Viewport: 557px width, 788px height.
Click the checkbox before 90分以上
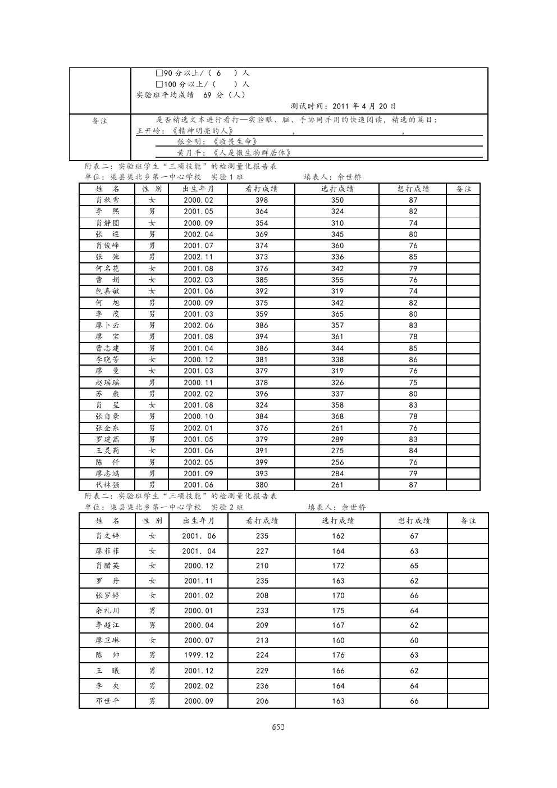[x=159, y=73]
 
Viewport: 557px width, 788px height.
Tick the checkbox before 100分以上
[x=159, y=84]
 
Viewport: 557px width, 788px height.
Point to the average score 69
[x=207, y=95]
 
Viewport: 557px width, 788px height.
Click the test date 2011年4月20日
[x=364, y=106]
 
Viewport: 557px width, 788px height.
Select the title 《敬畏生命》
[x=235, y=142]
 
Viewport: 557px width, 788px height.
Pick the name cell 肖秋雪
[x=107, y=200]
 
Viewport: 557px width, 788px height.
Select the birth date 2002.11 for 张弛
[x=198, y=257]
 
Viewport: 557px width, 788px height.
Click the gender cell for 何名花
[x=152, y=268]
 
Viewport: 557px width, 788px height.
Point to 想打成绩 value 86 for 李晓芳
[x=413, y=359]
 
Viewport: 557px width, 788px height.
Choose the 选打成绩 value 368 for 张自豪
[x=337, y=416]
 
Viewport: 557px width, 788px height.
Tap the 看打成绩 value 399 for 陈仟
[x=262, y=462]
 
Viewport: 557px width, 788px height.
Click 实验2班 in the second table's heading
[x=227, y=507]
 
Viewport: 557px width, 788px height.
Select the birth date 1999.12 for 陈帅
[x=199, y=655]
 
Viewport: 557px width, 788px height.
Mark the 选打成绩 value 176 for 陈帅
[x=338, y=655]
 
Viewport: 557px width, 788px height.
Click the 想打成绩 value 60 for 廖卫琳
[x=414, y=640]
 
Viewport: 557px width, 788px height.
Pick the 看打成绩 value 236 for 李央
[x=262, y=686]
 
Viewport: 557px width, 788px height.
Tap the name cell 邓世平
[x=107, y=701]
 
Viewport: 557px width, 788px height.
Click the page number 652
[x=278, y=727]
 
